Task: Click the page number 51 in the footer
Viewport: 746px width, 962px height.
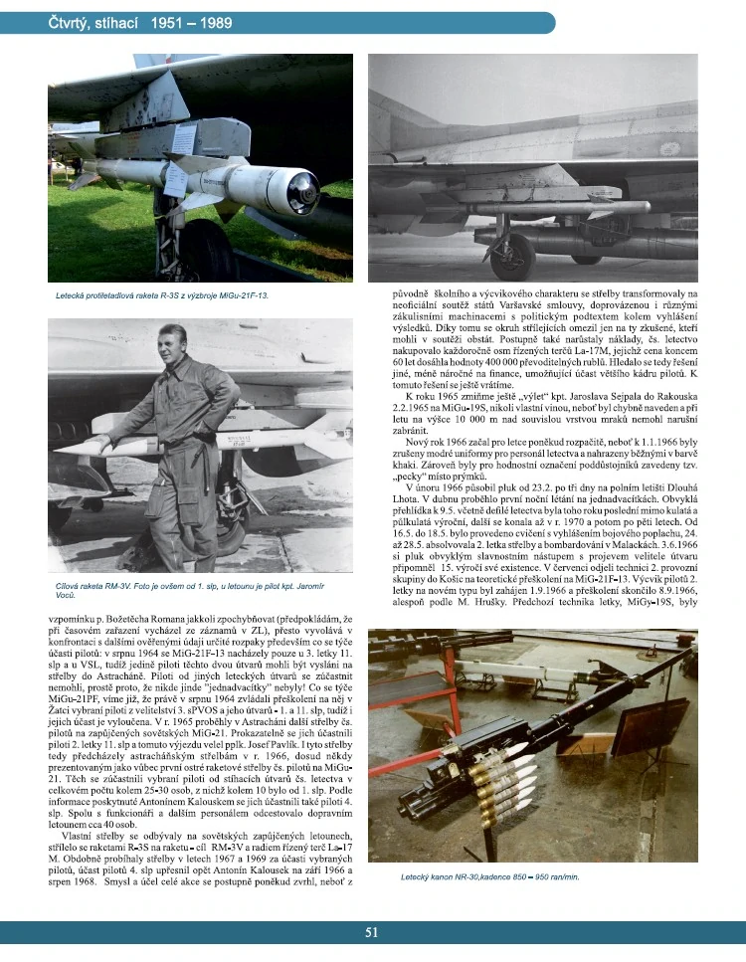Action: click(371, 932)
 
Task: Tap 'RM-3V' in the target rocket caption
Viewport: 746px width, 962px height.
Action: click(121, 588)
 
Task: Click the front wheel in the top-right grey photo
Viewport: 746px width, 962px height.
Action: click(511, 257)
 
